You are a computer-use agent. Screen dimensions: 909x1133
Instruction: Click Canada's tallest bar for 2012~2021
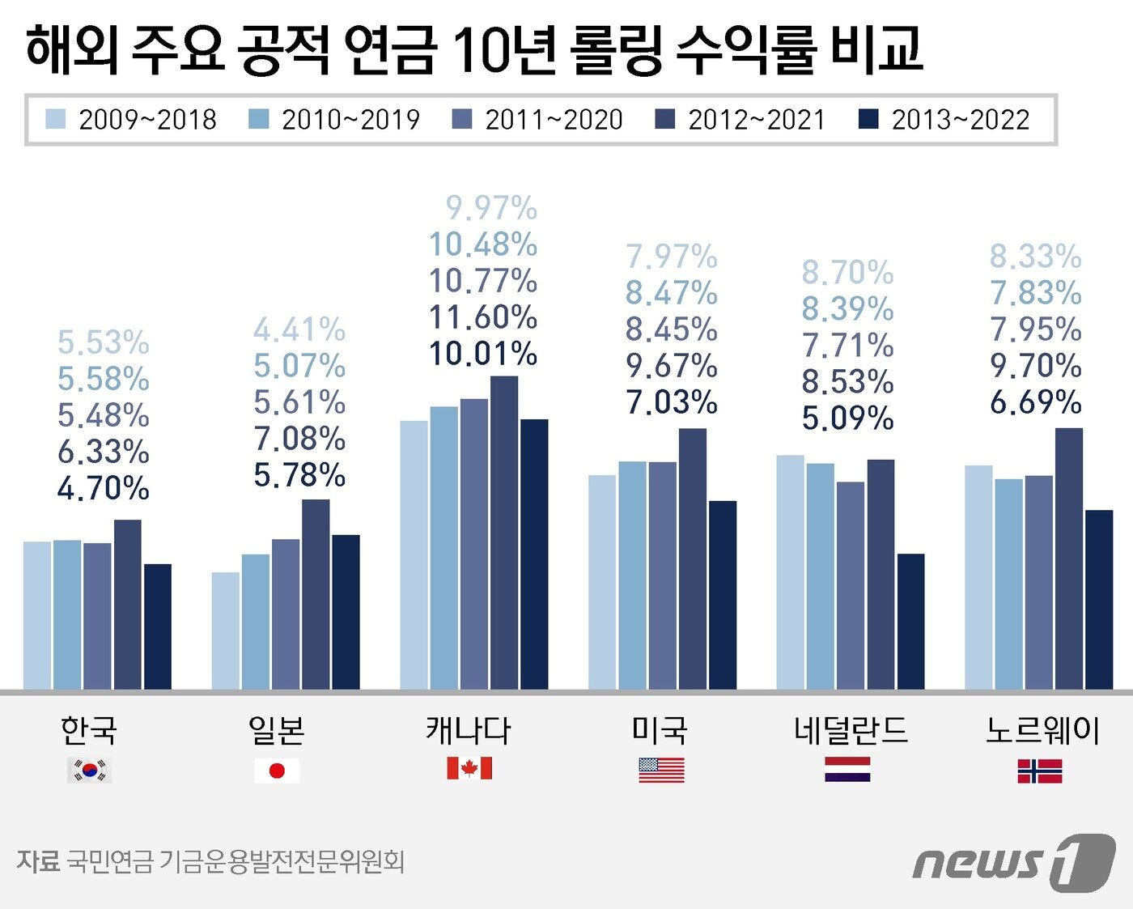[x=503, y=533]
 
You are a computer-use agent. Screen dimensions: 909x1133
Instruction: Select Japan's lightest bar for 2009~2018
[x=226, y=631]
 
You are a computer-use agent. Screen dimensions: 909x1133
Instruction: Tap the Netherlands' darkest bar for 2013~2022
[x=910, y=621]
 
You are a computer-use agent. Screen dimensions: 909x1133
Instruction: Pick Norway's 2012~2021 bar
[x=1068, y=559]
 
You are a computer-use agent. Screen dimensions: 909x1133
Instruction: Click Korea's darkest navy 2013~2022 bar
[x=158, y=627]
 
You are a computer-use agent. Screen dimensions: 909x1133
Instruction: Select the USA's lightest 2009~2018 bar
[x=602, y=582]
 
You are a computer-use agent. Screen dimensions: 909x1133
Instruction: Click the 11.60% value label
[x=483, y=317]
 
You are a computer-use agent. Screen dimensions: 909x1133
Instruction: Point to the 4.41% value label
[x=299, y=329]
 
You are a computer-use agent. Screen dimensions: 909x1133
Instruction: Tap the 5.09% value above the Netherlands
[x=847, y=418]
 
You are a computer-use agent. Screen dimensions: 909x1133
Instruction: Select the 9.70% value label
[x=1036, y=366]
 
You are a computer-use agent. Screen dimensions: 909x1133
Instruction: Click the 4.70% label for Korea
[x=104, y=488]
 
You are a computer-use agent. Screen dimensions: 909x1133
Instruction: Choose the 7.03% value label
[x=672, y=402]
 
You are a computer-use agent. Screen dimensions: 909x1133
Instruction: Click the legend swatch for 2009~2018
[x=56, y=120]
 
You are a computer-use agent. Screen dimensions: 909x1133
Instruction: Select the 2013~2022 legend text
[x=961, y=120]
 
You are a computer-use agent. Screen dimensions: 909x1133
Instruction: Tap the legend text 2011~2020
[x=554, y=120]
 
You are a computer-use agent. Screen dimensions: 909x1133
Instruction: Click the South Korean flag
[x=89, y=770]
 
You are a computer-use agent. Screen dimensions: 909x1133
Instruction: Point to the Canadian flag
[x=469, y=768]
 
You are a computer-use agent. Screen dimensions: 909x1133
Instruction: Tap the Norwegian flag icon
[x=1040, y=771]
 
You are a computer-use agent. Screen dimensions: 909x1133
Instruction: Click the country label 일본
[x=277, y=730]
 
